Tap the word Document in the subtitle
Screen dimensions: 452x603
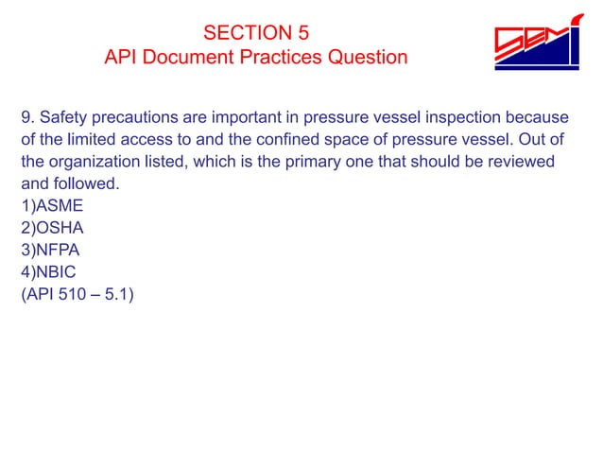[x=185, y=58]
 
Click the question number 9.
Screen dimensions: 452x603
[x=26, y=118]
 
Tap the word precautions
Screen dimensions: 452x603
[x=141, y=118]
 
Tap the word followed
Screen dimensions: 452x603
[x=90, y=183]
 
